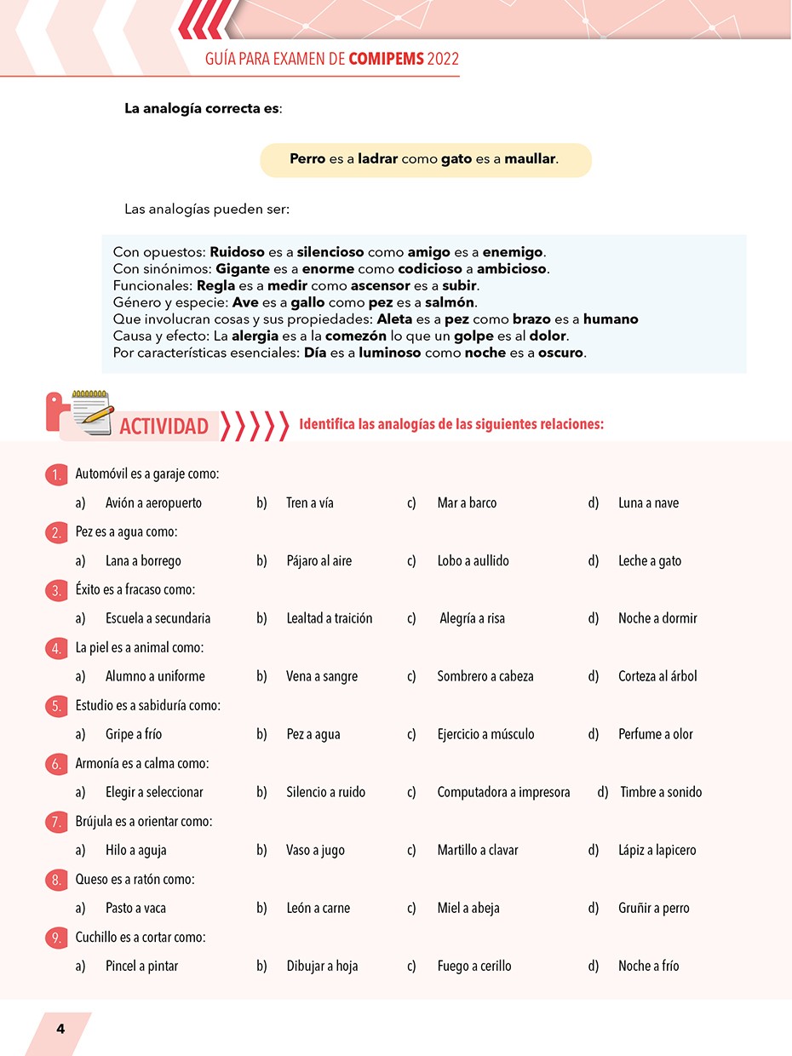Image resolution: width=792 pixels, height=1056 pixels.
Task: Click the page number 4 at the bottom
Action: point(60,1028)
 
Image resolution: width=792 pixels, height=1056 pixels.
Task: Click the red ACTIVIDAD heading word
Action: point(164,426)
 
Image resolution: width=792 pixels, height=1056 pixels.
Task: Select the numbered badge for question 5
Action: point(56,706)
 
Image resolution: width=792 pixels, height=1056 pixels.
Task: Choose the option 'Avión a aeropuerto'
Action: point(153,502)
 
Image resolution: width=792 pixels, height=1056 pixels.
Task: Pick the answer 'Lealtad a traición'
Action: point(329,618)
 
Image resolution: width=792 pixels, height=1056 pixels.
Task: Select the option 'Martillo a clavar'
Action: point(477,850)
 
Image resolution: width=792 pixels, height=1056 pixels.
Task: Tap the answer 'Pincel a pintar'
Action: point(141,966)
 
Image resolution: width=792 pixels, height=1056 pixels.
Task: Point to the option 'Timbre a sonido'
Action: point(661,792)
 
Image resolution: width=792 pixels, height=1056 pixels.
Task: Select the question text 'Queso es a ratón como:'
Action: point(135,879)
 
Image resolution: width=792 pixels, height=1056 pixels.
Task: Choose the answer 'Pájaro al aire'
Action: point(319,560)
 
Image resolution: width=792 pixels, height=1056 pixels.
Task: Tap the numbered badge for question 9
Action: point(56,938)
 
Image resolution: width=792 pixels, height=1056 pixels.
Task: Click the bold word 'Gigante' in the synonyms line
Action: point(244,269)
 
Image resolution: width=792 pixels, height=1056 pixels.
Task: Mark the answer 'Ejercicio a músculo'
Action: point(485,734)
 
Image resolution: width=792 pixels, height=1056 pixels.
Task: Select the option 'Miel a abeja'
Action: point(468,908)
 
